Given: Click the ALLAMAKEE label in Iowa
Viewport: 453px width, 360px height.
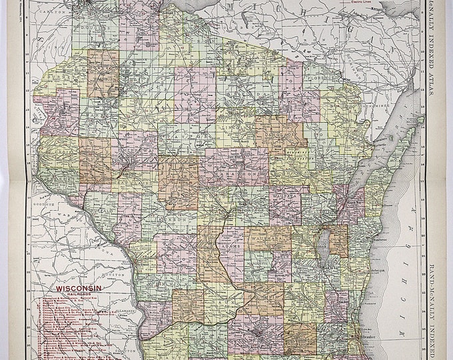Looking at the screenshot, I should (x=123, y=311).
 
